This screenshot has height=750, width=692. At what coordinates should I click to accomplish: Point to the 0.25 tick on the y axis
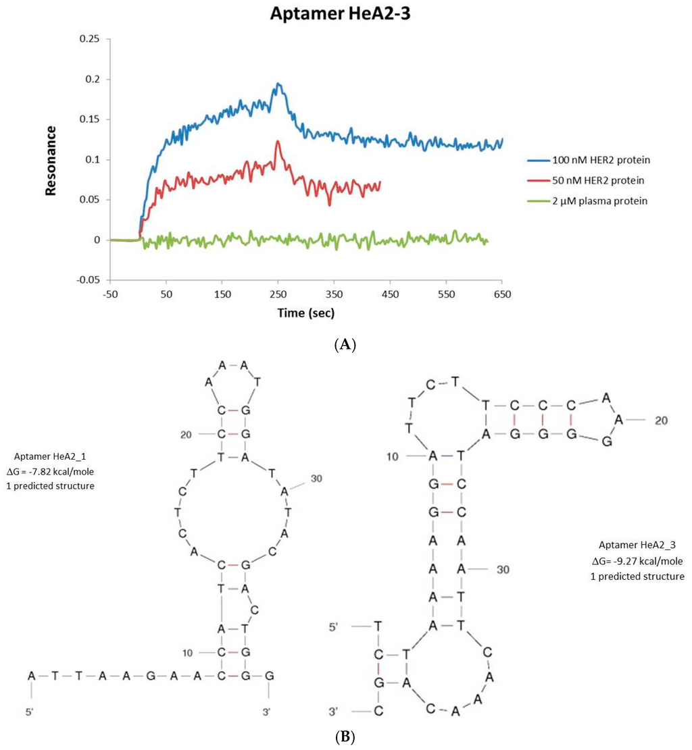[89, 39]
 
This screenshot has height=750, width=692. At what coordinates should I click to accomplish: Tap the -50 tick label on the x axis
[111, 295]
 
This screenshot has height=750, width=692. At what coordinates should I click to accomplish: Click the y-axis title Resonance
[50, 159]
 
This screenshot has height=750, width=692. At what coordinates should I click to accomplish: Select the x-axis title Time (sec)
[306, 313]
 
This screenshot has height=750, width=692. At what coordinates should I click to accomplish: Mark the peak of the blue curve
[278, 84]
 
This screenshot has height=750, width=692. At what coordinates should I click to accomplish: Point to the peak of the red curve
[277, 141]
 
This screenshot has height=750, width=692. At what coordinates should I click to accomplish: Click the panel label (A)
[345, 344]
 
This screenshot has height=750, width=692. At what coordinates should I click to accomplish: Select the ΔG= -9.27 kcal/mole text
[641, 561]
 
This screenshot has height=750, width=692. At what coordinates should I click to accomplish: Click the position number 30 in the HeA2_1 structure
[316, 479]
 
